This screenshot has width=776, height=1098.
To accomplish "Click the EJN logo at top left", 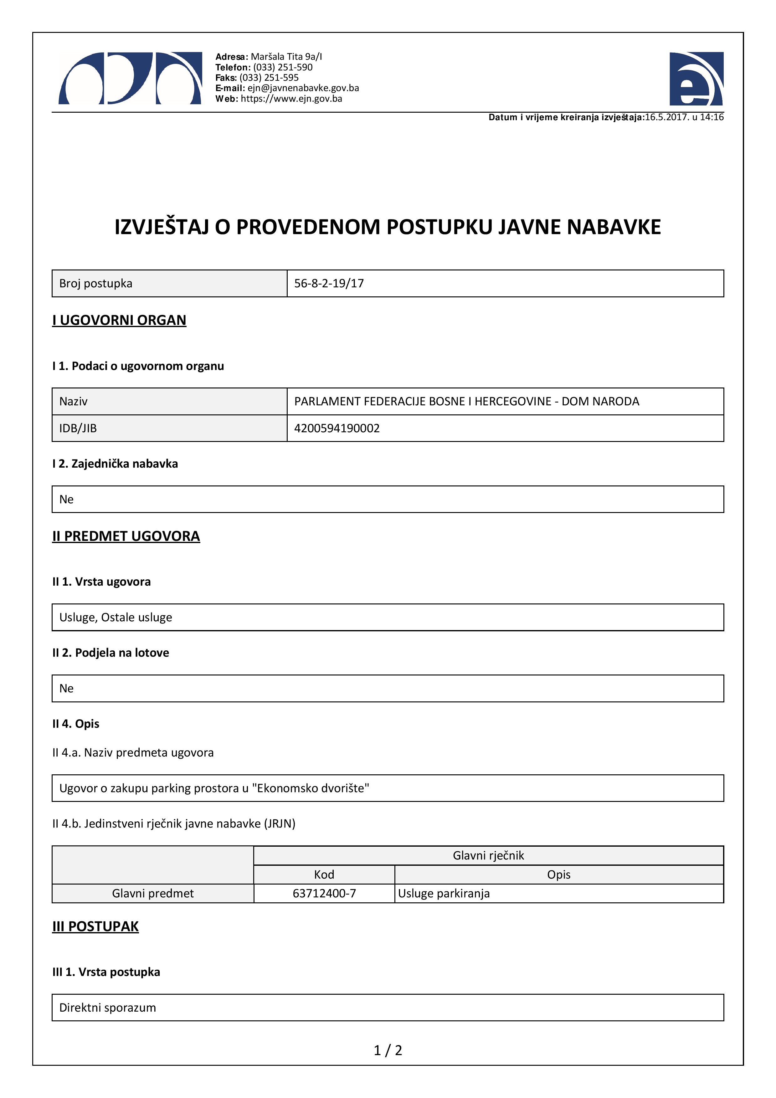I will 130,79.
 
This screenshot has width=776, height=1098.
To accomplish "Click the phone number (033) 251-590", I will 283,67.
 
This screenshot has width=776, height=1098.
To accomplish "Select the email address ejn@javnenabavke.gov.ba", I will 303,88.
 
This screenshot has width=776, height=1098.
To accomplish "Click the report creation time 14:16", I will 712,117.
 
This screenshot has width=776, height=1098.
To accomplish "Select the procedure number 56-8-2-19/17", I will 329,284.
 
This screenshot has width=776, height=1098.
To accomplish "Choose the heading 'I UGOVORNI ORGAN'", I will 119,320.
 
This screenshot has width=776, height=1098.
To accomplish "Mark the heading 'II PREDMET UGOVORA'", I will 126,536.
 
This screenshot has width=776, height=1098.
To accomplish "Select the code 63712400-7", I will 324,893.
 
